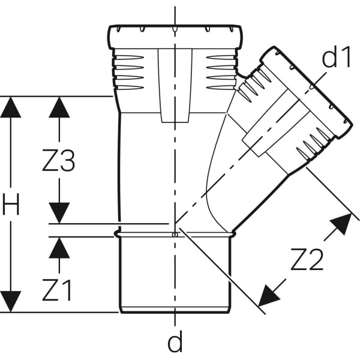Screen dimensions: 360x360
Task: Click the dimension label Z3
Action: [59, 160]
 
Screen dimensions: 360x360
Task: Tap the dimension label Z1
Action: [57, 290]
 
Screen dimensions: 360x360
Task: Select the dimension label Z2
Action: [307, 259]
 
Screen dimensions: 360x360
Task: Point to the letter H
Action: [11, 204]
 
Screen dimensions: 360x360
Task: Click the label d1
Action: [336, 56]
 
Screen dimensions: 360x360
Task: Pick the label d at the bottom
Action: [175, 341]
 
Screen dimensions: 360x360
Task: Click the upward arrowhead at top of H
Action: [11, 107]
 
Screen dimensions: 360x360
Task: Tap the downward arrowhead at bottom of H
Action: [11, 302]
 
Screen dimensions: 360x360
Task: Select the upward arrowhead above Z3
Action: [59, 107]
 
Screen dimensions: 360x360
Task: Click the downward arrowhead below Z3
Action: [59, 213]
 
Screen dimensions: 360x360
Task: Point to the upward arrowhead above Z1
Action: [59, 247]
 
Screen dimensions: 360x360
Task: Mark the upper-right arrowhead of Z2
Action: [342, 223]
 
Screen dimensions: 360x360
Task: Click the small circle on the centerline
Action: [175, 235]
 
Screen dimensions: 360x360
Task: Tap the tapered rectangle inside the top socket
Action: [175, 85]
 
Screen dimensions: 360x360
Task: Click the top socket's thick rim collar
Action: [175, 36]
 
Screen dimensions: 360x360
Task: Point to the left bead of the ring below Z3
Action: [117, 234]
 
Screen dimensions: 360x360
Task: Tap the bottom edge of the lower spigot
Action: [175, 312]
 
